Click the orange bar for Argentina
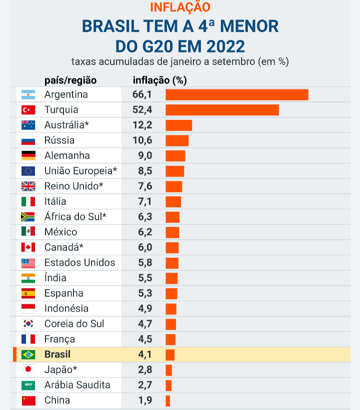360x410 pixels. pos(236,94)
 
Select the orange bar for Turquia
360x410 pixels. pos(222,110)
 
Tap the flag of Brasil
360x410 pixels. pos(28,355)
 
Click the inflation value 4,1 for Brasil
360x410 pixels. pos(144,355)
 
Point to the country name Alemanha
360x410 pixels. pos(67,156)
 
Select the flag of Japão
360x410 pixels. pos(28,370)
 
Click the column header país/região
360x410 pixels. pos(70,80)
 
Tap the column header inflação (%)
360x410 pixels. pos(159,80)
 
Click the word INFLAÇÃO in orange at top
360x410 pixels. pos(180,7)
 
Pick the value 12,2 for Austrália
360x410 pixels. pos(142,125)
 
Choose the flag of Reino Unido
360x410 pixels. pos(28,186)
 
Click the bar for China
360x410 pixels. pos(168,401)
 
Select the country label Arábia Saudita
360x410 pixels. pos(77,385)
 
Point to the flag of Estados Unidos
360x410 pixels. pos(28,263)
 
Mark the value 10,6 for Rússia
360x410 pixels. pos(142,140)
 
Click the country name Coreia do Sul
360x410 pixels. pos(74,324)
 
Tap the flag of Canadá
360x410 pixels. pos(28,247)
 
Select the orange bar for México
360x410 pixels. pos(172,232)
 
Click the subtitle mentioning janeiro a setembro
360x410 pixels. pos(180,62)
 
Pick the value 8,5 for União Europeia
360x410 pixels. pos(144,171)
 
